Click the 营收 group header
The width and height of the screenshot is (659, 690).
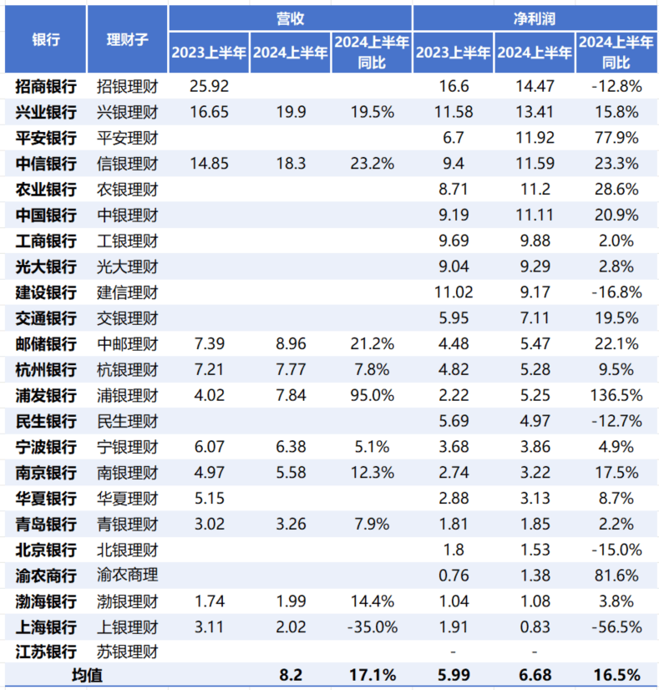coord(289,17)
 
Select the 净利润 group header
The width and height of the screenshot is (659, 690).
coord(535,17)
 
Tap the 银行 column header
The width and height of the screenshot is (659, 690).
coord(46,39)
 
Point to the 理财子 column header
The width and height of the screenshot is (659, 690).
coord(127,39)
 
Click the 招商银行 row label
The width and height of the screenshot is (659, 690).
coord(46,85)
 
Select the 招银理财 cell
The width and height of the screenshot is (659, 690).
coord(127,85)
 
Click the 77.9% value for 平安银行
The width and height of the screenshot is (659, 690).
coord(616,137)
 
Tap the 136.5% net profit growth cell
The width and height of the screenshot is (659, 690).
coord(616,396)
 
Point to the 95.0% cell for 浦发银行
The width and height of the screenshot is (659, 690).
coord(372,396)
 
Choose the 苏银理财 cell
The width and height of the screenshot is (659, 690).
coord(127,651)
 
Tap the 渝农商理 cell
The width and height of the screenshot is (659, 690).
coord(127,577)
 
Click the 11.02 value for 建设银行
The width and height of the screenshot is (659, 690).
coord(454,292)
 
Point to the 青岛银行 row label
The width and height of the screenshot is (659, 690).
coord(46,525)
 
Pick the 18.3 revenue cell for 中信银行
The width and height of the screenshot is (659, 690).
coord(290,163)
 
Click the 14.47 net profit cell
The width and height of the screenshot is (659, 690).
coord(535,85)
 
